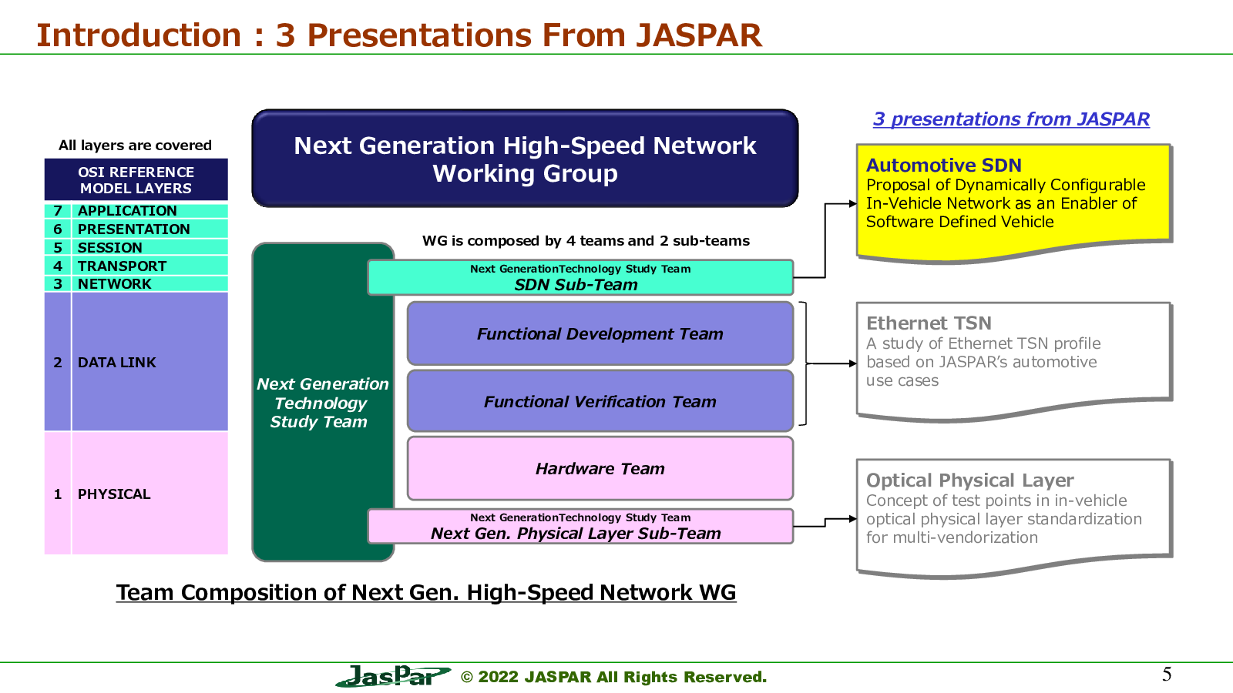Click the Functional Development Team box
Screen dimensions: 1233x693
point(600,333)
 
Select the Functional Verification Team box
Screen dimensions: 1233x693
point(600,401)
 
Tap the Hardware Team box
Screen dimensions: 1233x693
point(600,469)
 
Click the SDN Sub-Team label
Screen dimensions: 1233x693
point(576,285)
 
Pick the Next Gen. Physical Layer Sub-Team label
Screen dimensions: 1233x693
point(576,534)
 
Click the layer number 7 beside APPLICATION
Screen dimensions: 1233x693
point(58,211)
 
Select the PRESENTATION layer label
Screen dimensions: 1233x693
point(134,229)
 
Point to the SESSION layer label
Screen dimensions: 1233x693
point(110,247)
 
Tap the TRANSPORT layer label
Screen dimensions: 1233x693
point(122,266)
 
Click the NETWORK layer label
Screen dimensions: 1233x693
point(115,284)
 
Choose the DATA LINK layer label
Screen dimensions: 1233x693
point(116,363)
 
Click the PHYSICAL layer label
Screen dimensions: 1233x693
point(114,494)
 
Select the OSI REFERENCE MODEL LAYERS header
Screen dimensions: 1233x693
point(136,180)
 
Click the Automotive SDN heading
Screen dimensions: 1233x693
point(944,165)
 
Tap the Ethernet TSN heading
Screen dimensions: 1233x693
point(929,323)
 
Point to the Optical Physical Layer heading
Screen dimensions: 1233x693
point(970,480)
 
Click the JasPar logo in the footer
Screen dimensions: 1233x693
point(393,676)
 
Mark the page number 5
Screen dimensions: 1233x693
point(1167,675)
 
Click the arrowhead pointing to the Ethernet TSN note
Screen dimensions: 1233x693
point(853,363)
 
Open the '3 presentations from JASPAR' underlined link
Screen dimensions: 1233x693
point(1011,119)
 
